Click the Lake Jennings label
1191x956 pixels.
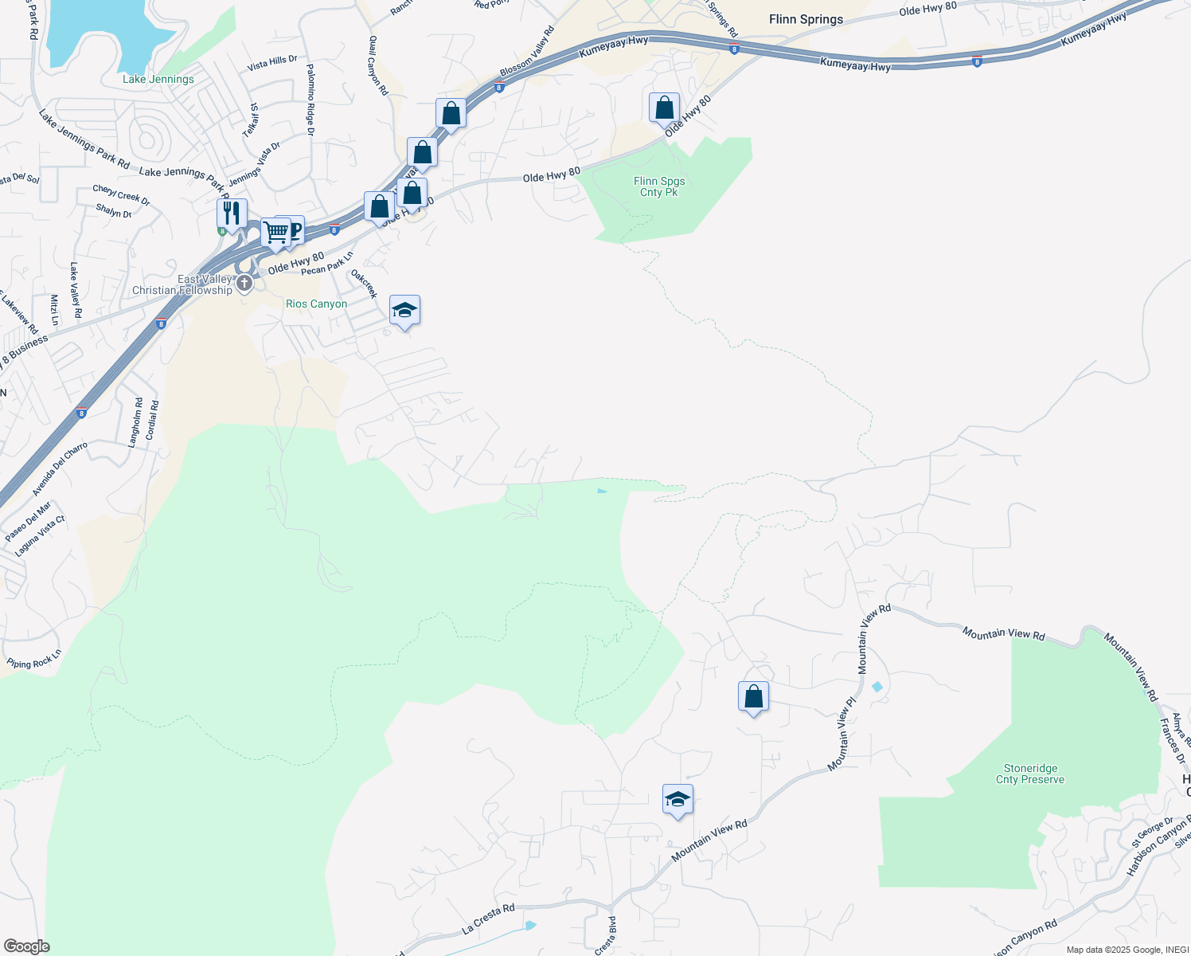[x=158, y=79]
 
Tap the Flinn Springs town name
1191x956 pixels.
[x=806, y=19]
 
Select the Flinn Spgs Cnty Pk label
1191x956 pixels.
[x=659, y=186]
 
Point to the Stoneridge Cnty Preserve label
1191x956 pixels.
[x=1030, y=774]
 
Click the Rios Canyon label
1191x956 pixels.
[x=316, y=304]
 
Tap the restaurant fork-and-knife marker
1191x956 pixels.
[x=231, y=214]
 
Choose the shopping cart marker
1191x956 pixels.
[x=275, y=233]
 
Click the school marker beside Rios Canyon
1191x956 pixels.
[x=404, y=310]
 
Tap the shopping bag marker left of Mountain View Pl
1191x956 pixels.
[x=753, y=697]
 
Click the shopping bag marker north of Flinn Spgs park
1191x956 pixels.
[x=664, y=108]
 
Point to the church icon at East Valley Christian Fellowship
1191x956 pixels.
[x=244, y=284]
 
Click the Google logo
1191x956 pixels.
[x=26, y=946]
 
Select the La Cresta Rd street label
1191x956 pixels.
[x=488, y=919]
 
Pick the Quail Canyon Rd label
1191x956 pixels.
[x=378, y=65]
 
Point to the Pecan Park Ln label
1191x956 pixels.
[x=327, y=264]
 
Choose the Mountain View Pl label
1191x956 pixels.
[x=842, y=734]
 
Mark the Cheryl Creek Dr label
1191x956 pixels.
[x=121, y=194]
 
